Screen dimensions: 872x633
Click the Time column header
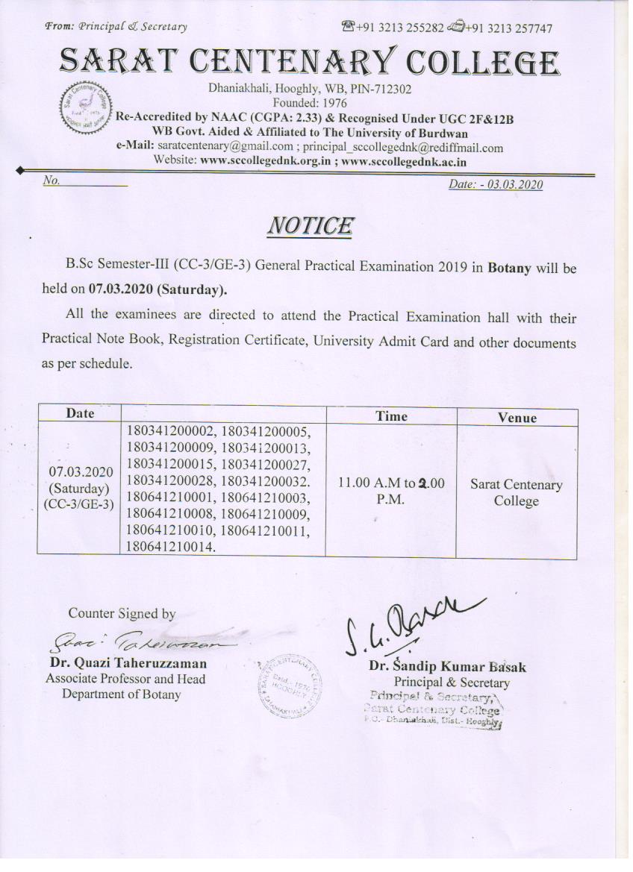391,416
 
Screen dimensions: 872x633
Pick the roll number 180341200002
171,432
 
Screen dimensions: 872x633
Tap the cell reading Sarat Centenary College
516,492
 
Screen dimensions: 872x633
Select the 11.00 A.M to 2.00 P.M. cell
391,491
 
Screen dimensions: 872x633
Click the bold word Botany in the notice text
509,267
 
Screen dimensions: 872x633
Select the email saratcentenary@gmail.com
225,147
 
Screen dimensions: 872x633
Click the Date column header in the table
80,413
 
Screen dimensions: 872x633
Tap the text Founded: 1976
310,103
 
